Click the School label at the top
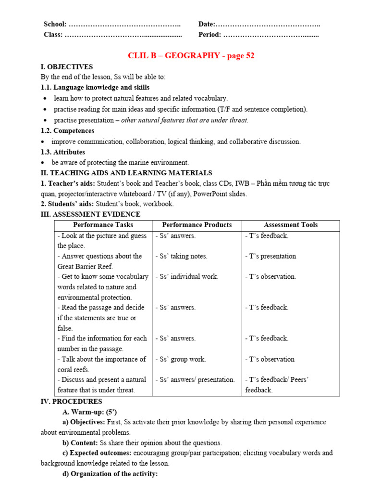[55, 24]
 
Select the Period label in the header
[209, 35]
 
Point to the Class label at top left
[53, 35]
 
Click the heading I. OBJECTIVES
[67, 67]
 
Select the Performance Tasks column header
[103, 225]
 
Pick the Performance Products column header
[197, 225]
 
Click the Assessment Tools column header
[290, 225]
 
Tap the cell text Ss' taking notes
[181, 256]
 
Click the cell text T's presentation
[270, 256]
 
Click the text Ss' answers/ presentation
[195, 379]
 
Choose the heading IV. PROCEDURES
[71, 401]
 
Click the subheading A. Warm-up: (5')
[89, 412]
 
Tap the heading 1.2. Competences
[67, 130]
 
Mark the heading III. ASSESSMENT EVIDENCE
[90, 214]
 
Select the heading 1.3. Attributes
[63, 152]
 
